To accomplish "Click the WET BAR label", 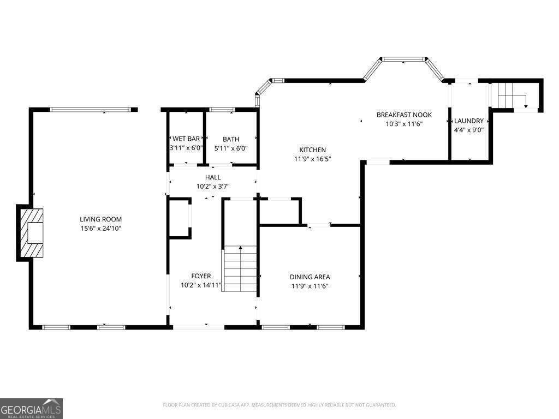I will coord(186,139).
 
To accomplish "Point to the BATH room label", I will coord(230,139).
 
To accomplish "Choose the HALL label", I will coord(213,177).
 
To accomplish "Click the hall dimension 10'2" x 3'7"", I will coord(213,187).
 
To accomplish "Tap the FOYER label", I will coord(201,276).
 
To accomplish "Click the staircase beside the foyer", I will coord(240,268).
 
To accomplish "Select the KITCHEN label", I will coord(312,150).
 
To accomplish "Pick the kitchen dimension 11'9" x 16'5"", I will coord(312,159).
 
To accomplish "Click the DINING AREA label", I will coord(310,277).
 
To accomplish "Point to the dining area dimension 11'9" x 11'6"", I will coord(310,286).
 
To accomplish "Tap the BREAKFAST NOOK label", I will coord(404,115).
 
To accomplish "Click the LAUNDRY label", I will coord(469,121).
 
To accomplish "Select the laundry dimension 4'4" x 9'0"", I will coord(469,130).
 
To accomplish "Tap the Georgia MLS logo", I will coord(31,409).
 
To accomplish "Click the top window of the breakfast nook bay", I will coord(404,59).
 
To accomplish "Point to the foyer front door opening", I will coord(198,327).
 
